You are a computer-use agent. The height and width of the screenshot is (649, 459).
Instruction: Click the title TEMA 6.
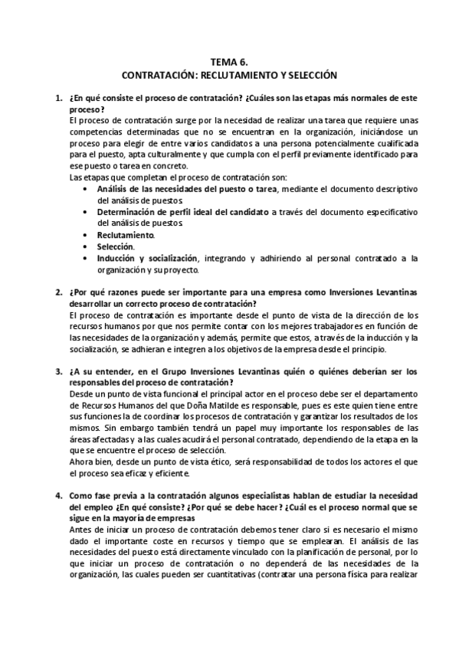(229, 64)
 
